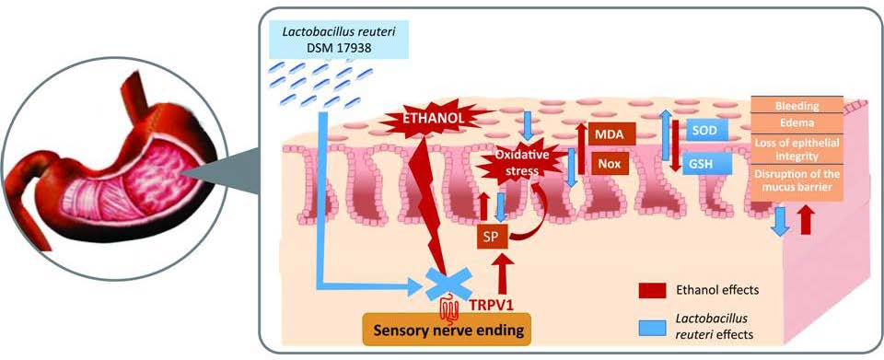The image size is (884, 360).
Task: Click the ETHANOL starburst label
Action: click(x=421, y=118)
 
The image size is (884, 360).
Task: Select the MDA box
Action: click(x=606, y=134)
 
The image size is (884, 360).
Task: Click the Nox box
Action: click(x=606, y=165)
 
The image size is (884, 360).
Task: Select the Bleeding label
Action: click(x=797, y=106)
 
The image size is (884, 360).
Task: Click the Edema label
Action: click(x=797, y=124)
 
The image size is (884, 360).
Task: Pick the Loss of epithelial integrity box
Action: click(x=797, y=148)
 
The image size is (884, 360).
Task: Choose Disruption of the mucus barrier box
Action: click(x=797, y=181)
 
